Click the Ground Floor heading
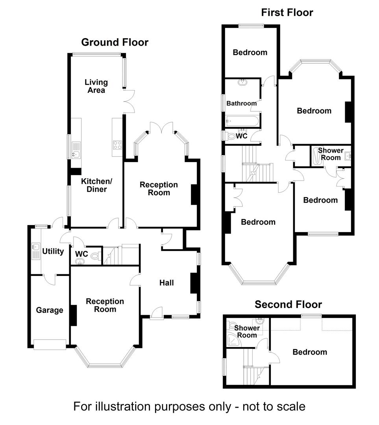click(115, 42)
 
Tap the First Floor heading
click(287, 13)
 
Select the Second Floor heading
click(288, 304)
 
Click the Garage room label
click(50, 310)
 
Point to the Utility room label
click(53, 251)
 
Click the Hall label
click(166, 283)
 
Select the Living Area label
click(96, 86)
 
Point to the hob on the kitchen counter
click(117, 145)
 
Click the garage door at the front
click(50, 345)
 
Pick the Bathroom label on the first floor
click(241, 103)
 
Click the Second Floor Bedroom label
click(309, 352)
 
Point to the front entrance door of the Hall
click(156, 313)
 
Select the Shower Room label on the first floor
click(330, 154)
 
